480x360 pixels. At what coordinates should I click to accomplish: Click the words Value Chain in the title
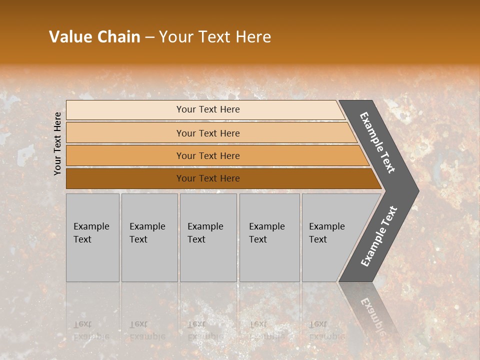tap(94, 37)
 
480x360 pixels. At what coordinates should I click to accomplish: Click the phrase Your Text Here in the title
tap(215, 37)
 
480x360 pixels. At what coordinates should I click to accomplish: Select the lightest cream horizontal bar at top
tap(125, 109)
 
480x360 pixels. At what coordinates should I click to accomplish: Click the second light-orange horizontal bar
tap(125, 133)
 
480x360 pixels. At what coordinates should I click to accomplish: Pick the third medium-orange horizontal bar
tap(125, 155)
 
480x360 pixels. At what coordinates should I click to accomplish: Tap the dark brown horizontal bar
tap(125, 178)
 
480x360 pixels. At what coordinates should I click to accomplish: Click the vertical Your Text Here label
tap(57, 143)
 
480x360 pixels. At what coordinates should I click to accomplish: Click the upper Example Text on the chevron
tap(377, 142)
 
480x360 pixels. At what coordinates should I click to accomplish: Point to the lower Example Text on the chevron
tap(379, 236)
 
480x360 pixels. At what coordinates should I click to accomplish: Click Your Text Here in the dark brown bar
tap(208, 178)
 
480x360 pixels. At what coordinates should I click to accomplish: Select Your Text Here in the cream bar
tap(208, 109)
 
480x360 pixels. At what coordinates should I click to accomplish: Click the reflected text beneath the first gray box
tap(91, 330)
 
